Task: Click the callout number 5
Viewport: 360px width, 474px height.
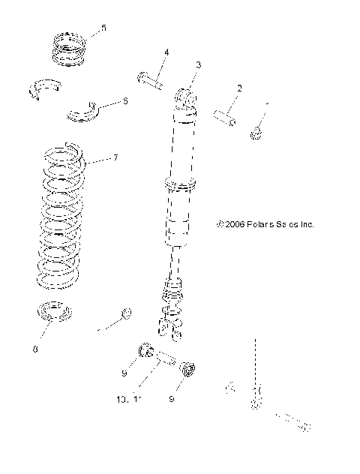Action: [103, 28]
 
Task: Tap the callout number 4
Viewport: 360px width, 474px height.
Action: [166, 52]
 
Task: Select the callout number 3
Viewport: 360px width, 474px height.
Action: [198, 66]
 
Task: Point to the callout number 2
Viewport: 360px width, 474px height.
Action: [239, 88]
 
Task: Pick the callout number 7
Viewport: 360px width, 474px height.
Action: [115, 158]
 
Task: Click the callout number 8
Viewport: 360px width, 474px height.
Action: [34, 348]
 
